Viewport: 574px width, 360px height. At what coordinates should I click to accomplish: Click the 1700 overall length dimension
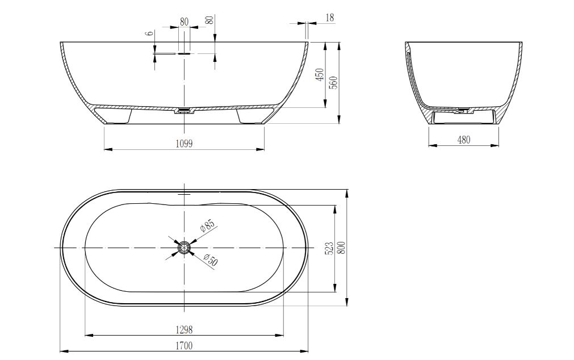(x=184, y=345)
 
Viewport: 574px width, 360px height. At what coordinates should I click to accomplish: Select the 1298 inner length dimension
(x=184, y=329)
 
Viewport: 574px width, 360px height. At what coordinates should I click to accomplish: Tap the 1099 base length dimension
(x=184, y=144)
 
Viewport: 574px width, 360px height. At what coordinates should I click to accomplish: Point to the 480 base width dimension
(x=463, y=140)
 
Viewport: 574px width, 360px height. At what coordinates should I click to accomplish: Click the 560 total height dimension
(x=334, y=82)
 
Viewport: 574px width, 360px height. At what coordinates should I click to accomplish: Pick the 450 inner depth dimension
(x=320, y=75)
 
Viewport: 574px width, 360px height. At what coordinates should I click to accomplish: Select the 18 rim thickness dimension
(x=329, y=18)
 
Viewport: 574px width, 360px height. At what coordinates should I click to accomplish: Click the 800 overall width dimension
(x=342, y=248)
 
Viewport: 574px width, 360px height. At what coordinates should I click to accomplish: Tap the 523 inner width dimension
(x=329, y=248)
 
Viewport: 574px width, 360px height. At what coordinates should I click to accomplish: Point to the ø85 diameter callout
(x=208, y=225)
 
